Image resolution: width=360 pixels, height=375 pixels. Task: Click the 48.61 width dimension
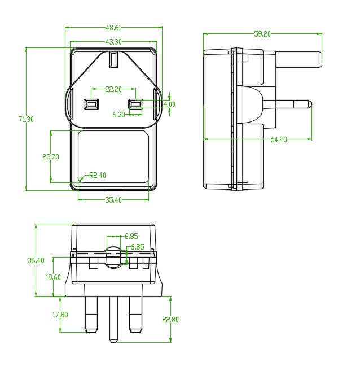pos(114,28)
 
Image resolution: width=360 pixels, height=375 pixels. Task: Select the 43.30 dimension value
pos(114,42)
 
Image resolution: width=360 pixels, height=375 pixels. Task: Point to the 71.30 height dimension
pos(27,119)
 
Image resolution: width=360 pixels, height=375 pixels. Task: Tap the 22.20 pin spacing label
pos(113,89)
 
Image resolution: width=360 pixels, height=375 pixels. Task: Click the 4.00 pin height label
pos(169,104)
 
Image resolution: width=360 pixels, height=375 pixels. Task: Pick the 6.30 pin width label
pos(118,115)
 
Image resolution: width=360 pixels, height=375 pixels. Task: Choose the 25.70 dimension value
pos(51,157)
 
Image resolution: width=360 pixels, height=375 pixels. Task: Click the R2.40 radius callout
pos(98,175)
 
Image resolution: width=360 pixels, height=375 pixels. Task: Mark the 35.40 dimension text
pos(113,200)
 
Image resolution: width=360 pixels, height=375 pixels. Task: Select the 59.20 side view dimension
pos(262,34)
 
